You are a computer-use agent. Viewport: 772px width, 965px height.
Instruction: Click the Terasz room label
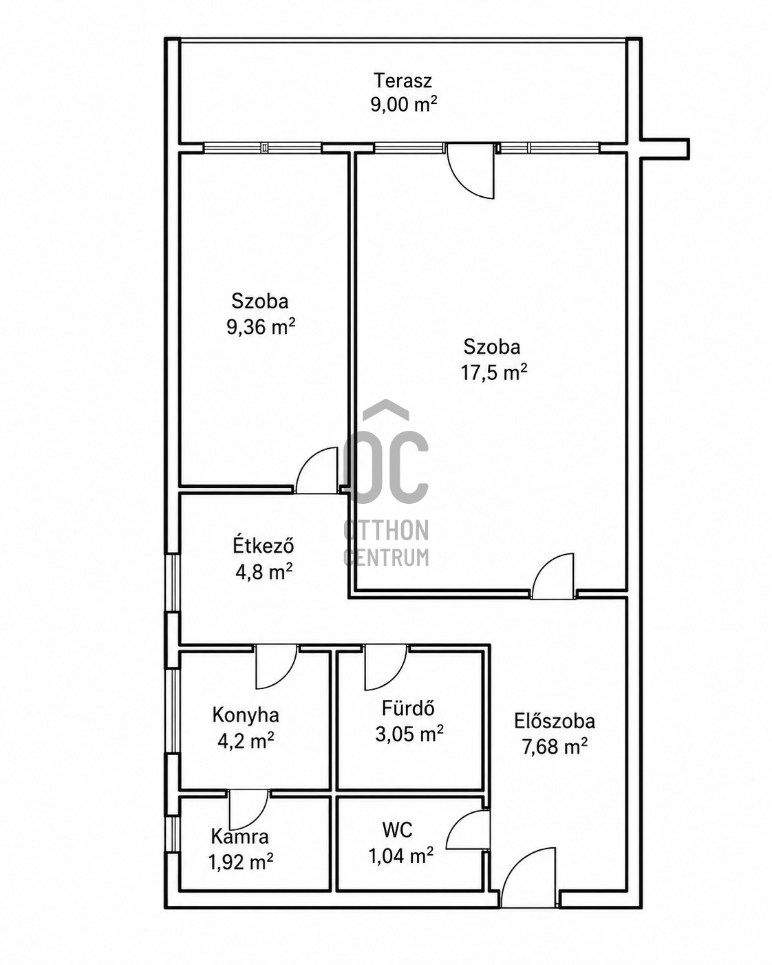tap(403, 81)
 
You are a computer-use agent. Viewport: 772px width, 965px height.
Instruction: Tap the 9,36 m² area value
tap(261, 327)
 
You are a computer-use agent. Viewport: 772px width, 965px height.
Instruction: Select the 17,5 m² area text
tap(494, 372)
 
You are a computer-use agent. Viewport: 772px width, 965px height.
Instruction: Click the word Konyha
tap(246, 714)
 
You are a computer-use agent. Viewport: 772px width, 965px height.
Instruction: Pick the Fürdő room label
tap(409, 708)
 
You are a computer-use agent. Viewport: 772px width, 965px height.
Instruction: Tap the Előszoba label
tap(555, 721)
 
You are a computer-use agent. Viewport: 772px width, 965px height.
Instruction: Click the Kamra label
tap(240, 836)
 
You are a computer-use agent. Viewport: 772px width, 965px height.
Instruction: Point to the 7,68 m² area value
tap(555, 747)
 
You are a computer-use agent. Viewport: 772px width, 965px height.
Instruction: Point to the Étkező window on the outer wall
tap(173, 583)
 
